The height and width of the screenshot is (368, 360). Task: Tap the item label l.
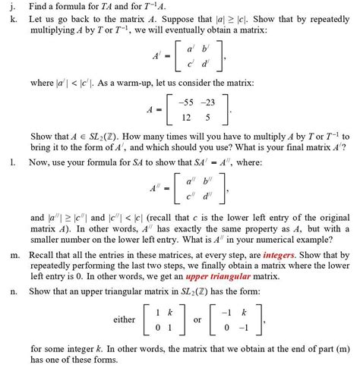click(x=10, y=162)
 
